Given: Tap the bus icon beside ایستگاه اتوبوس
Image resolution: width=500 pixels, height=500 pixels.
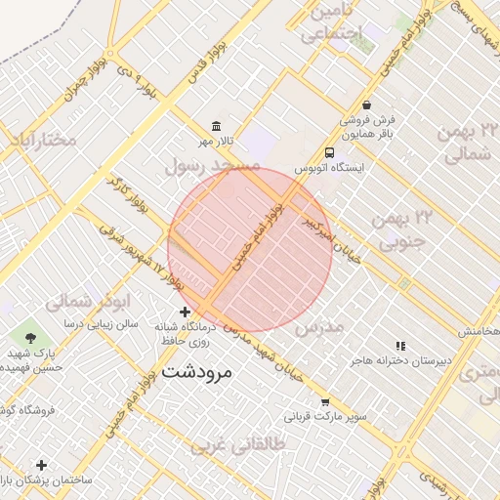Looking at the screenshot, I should (329, 152).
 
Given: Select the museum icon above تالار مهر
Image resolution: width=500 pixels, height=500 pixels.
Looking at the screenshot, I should (216, 127).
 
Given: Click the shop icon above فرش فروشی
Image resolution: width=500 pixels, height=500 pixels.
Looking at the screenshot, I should (365, 104).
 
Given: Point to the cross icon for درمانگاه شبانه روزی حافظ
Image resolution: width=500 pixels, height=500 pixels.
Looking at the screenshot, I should (186, 312).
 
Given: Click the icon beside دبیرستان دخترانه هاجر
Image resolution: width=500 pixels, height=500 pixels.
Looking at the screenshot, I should (399, 346).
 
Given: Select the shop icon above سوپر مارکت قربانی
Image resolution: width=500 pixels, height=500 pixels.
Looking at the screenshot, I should (325, 401).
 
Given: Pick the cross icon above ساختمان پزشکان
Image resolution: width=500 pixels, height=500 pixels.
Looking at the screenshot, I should (41, 465).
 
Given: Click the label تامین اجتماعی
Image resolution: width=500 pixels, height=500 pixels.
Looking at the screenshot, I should (331, 24).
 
